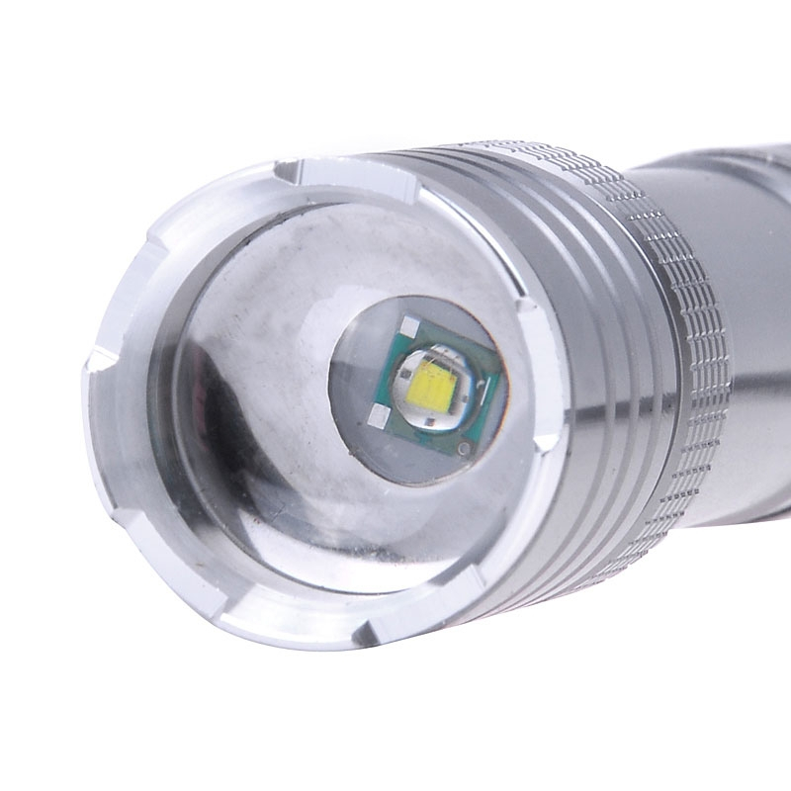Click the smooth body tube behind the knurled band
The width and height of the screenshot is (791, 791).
click(732, 198)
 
